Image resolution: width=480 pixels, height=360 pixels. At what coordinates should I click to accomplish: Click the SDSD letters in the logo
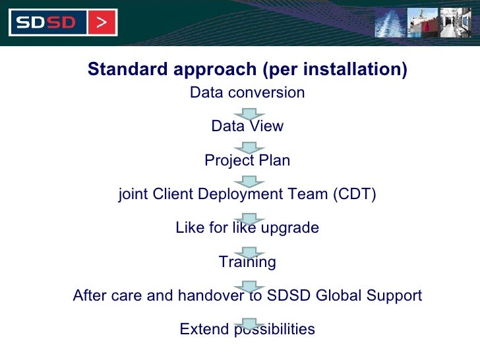[x=47, y=23]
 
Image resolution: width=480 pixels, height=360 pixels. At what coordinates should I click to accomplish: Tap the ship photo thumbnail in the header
[x=422, y=22]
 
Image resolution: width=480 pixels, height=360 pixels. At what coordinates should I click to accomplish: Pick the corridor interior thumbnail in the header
[x=456, y=22]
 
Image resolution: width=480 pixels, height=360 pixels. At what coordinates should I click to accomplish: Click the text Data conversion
[x=247, y=92]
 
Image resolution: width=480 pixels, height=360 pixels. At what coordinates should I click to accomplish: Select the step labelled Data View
[x=247, y=126]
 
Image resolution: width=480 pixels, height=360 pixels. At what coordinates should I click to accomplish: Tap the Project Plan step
[x=247, y=160]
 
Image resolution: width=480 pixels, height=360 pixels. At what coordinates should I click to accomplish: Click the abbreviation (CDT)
[x=354, y=195]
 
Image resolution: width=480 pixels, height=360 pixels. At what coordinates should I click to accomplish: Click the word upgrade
[x=289, y=228]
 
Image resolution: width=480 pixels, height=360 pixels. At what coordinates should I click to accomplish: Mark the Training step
[x=247, y=262]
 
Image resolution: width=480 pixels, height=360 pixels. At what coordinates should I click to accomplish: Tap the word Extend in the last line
[x=203, y=329]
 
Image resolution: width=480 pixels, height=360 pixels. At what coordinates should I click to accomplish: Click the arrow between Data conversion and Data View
[x=249, y=113]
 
